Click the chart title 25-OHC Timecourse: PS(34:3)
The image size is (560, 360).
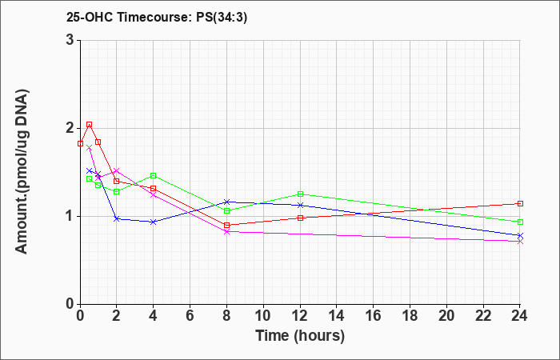[x=157, y=18]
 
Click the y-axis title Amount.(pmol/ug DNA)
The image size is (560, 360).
[x=22, y=172]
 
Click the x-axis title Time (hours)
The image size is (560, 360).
[x=300, y=336]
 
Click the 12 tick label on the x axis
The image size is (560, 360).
[x=300, y=316]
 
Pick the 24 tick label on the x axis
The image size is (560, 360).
[x=520, y=316]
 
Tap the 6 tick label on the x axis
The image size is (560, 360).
[x=190, y=316]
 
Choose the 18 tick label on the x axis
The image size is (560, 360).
[x=410, y=316]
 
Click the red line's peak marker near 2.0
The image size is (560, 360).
[x=90, y=125]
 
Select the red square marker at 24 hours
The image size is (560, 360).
[x=520, y=203]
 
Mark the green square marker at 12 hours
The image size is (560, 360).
[x=300, y=194]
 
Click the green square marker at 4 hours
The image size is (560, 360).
[x=154, y=175]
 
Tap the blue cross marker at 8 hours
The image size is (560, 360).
[x=226, y=202]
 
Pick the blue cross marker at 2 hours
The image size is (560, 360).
[x=117, y=218]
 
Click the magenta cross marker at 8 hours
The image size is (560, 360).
[x=226, y=231]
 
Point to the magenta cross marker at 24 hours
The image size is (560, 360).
[x=520, y=242]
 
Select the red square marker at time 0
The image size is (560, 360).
[x=80, y=143]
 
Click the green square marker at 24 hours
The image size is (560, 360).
[x=520, y=222]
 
